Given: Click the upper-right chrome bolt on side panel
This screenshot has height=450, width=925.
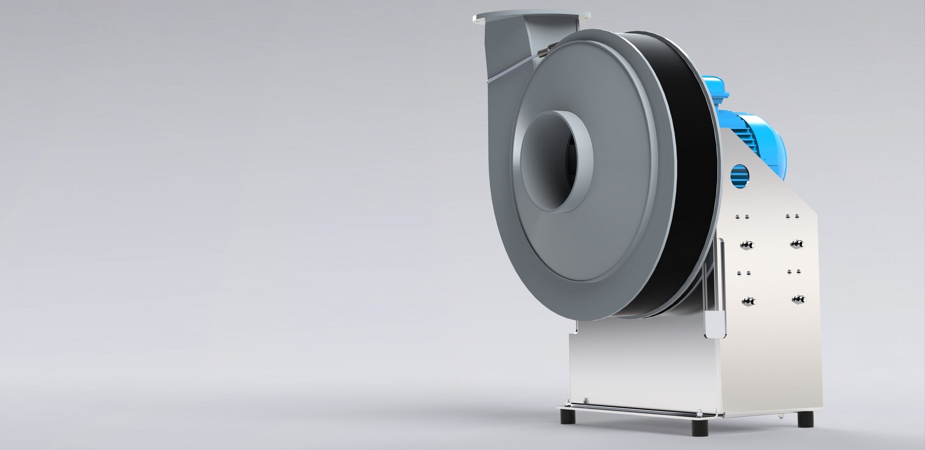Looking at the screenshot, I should tap(797, 244).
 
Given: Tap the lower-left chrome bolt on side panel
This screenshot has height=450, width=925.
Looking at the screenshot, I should tap(749, 302).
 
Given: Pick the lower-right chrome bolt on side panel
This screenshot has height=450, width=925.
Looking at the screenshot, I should tap(799, 299).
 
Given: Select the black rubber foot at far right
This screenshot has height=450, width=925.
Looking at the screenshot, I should tap(805, 420).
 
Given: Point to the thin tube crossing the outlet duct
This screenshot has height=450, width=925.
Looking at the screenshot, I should tap(511, 67).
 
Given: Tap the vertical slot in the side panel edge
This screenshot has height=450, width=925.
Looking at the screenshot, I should tap(714, 289).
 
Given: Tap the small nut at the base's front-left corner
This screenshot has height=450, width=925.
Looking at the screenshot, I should tap(585, 401).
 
